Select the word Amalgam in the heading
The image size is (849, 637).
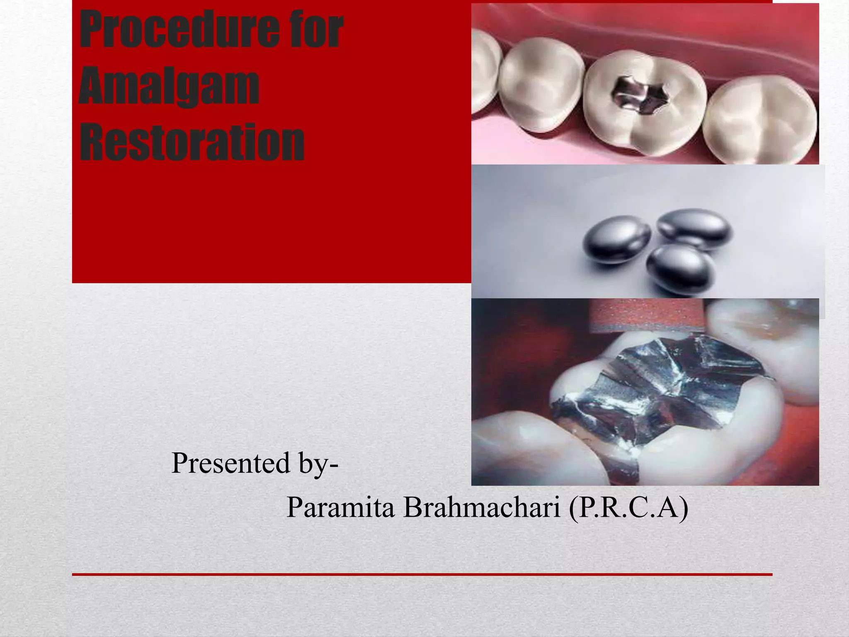[169, 87]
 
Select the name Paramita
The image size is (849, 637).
[340, 507]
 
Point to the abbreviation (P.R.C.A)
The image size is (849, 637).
[628, 507]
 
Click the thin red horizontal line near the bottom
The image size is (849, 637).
[422, 574]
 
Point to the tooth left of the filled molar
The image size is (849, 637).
[539, 87]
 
